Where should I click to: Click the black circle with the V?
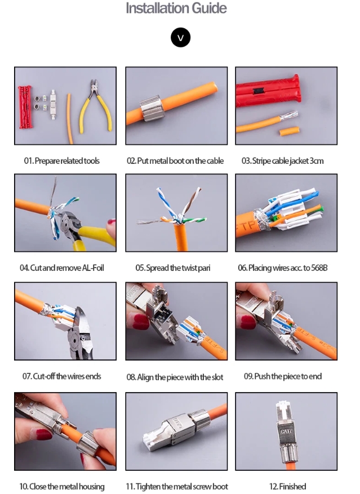click(x=181, y=38)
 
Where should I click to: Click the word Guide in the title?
click(x=209, y=8)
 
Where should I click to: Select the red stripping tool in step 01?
click(x=25, y=107)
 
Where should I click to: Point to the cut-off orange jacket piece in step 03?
click(x=289, y=131)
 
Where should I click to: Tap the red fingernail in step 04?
click(x=112, y=222)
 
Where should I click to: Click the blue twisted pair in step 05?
click(x=166, y=203)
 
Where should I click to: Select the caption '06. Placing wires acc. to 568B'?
click(x=282, y=268)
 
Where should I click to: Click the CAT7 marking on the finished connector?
click(x=286, y=431)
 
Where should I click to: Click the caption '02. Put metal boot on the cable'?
click(x=175, y=161)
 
